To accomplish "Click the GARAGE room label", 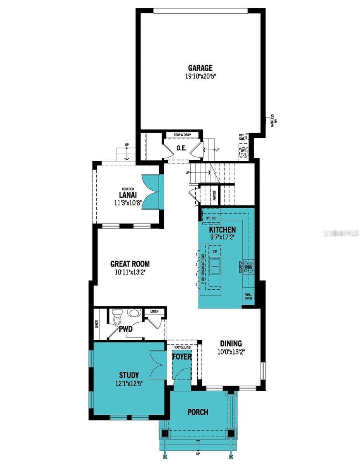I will tap(200, 68).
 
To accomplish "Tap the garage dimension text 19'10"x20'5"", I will tap(200, 77).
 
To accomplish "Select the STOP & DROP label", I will tap(182, 135).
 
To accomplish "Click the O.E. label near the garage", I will tap(181, 148).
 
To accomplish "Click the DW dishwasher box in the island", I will tap(214, 252).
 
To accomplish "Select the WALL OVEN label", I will tap(249, 297).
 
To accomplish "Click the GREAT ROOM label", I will tap(130, 264).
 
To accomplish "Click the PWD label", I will tap(126, 329).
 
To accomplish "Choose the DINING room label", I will tap(231, 344).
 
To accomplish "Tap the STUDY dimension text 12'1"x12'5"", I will tap(129, 384).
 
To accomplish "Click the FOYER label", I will tap(182, 356).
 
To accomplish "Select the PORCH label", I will tap(198, 412).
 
